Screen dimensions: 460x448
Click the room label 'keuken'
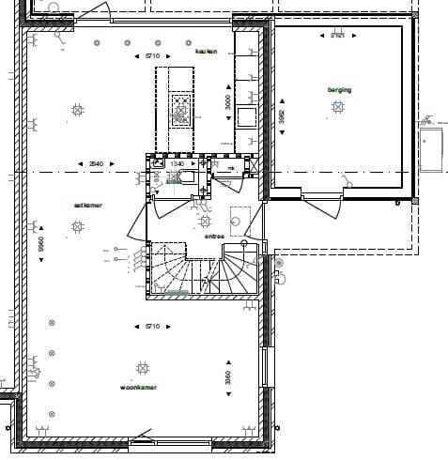[206, 52]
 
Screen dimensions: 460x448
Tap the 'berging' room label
[339, 90]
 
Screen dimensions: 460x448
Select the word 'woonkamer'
[138, 387]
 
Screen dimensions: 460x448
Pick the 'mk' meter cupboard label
[230, 170]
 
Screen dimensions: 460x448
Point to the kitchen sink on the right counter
[247, 115]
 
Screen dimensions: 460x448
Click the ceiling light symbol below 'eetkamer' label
[74, 226]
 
